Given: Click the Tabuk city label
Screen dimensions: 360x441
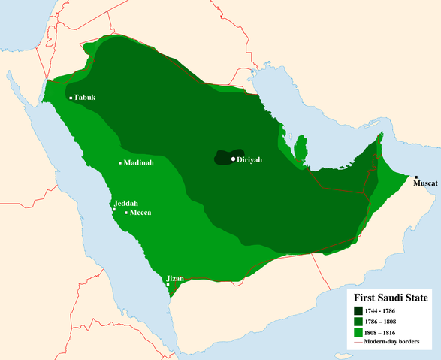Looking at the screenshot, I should coord(86,98).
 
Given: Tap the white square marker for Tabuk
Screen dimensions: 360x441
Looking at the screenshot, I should coord(71,98).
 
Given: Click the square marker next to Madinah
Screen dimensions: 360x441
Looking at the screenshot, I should coord(120,163).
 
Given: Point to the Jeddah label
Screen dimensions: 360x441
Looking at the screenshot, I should coord(125,203).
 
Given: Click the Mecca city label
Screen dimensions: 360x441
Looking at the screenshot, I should coord(140,213).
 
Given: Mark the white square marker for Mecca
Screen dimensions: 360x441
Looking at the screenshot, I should coord(126,213).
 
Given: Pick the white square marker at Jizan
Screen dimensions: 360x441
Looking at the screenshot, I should coord(168,285).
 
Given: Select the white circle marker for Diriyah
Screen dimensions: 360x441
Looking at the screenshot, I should coord(234,159).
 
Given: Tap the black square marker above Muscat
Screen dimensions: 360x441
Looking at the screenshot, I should coord(416,177).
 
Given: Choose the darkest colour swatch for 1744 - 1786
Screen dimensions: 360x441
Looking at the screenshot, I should coord(359,310).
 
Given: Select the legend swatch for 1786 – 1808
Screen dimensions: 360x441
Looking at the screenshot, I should coord(359,321).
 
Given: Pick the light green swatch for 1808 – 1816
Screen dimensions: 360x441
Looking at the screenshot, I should coord(359,332).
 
